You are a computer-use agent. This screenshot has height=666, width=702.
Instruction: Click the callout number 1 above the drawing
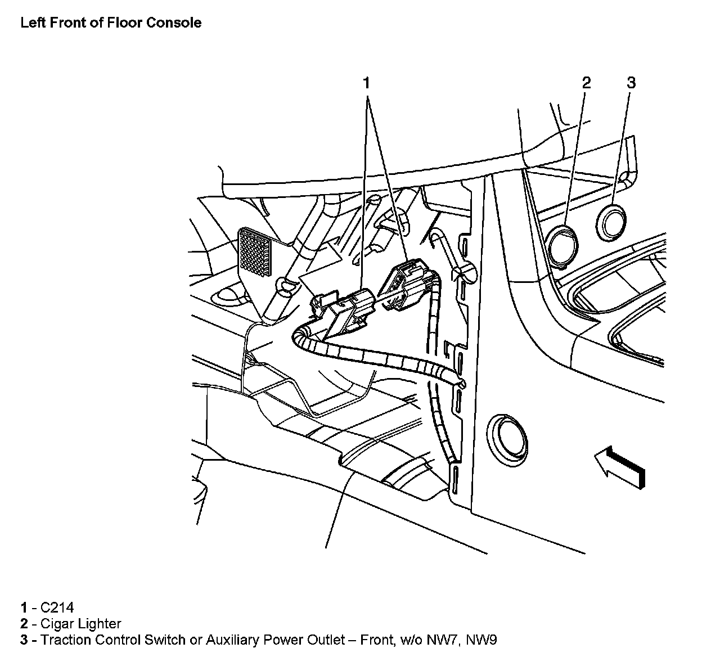[366, 83]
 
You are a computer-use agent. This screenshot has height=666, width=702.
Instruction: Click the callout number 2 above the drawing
[586, 83]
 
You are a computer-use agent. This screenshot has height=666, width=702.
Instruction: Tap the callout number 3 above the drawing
[631, 83]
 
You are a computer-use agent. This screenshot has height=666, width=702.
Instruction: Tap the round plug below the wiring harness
[507, 441]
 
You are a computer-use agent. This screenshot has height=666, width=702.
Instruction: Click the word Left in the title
[32, 23]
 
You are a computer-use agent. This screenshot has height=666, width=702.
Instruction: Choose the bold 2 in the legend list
[24, 624]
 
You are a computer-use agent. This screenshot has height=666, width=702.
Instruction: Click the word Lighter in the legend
[100, 624]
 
